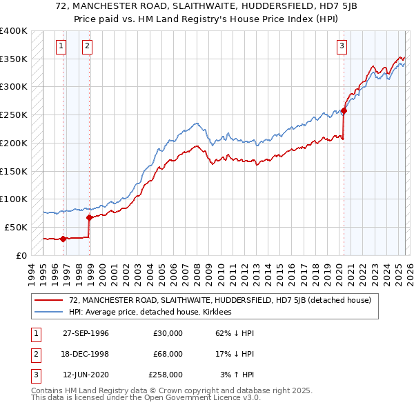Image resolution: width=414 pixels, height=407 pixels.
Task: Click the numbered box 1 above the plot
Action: (61, 46)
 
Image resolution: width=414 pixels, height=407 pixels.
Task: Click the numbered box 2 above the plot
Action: (88, 46)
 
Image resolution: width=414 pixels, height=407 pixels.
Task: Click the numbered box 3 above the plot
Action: (342, 46)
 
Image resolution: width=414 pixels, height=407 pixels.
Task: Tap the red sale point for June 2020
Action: (344, 110)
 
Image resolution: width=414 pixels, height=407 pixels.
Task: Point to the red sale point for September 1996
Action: (63, 239)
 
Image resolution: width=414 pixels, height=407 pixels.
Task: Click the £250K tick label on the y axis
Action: (13, 115)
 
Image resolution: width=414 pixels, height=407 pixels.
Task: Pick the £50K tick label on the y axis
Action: (16, 227)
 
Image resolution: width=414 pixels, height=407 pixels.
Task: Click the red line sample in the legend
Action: (49, 300)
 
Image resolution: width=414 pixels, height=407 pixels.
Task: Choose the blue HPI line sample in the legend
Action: (49, 312)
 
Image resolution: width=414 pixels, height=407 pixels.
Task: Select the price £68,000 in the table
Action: (168, 354)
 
